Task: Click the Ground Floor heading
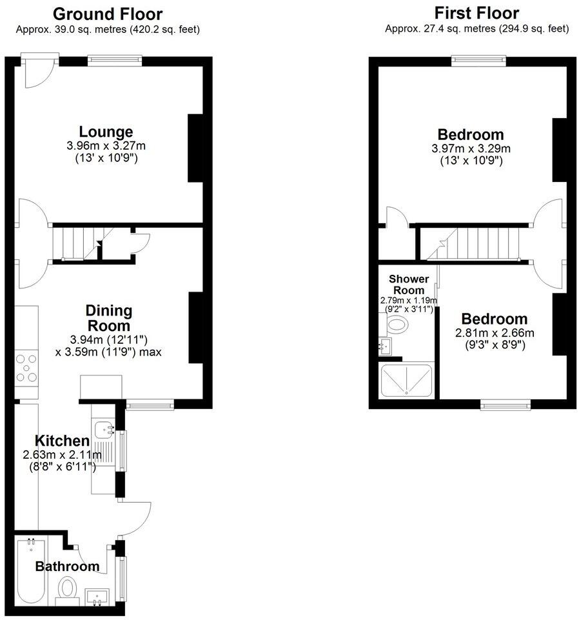coord(107,14)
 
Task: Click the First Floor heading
coord(476,13)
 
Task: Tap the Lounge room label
coord(106,132)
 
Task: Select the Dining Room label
coord(109,318)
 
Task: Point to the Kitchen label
coord(61,441)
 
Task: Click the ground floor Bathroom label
coord(67,566)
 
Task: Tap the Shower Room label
coord(408,284)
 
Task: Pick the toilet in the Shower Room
coord(400,327)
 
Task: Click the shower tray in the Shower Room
coord(406,381)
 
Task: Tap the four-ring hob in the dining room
coord(27,368)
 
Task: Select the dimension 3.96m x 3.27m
coord(106,146)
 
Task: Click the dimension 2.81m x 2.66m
coord(494,333)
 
